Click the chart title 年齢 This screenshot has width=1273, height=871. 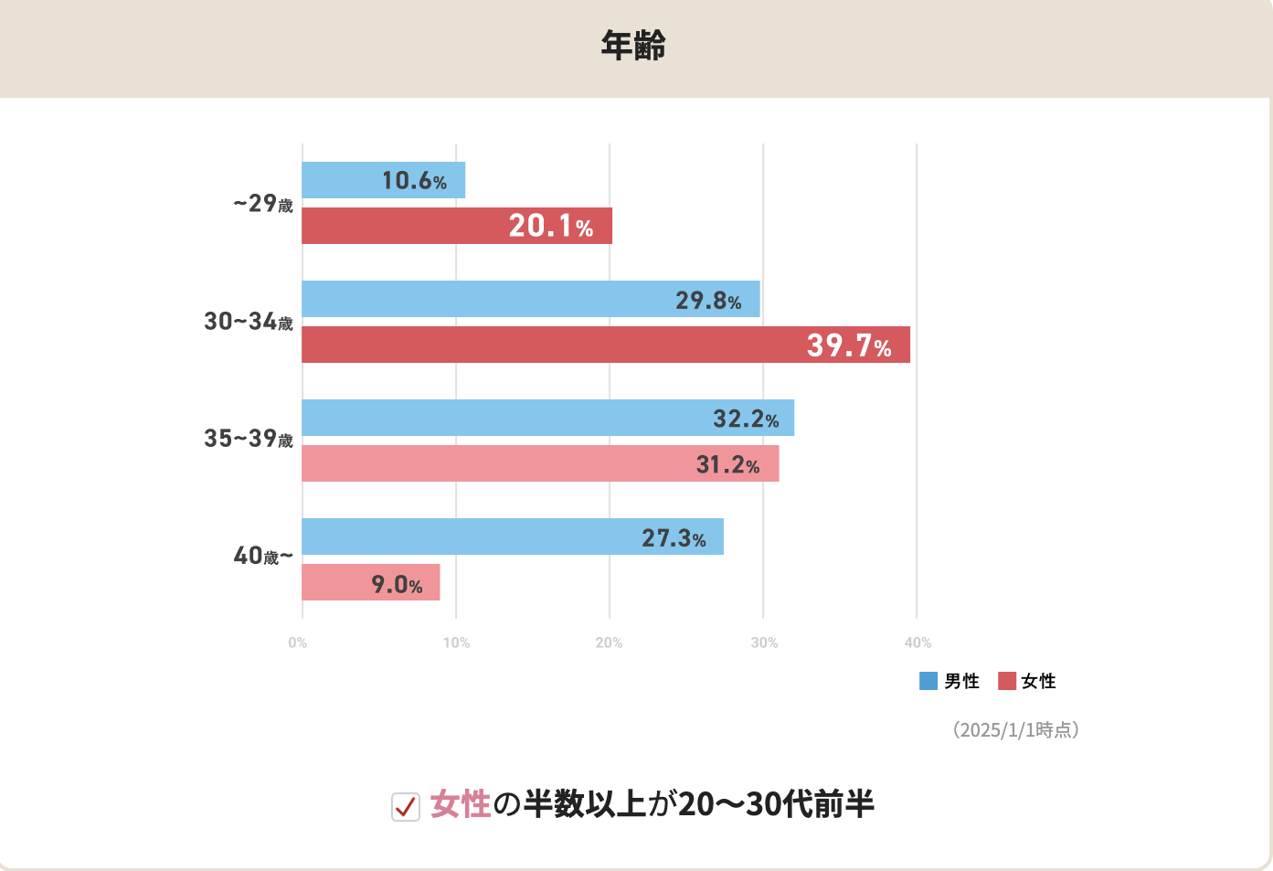click(x=633, y=46)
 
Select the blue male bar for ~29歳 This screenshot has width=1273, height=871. click(x=383, y=180)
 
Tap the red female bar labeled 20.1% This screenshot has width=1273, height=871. click(x=456, y=226)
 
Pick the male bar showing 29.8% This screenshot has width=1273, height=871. click(x=530, y=299)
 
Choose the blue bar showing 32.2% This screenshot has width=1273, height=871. click(x=547, y=418)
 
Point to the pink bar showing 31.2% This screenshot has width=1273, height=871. click(x=540, y=463)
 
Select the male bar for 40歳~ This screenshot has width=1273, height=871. click(x=512, y=536)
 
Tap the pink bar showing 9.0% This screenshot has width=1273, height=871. click(x=370, y=582)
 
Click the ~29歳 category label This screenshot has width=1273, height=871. click(x=263, y=203)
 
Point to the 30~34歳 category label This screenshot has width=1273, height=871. click(x=249, y=322)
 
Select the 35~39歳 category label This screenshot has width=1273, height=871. click(x=249, y=439)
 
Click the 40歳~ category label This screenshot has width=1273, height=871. click(x=263, y=556)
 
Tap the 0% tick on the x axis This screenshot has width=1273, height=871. click(x=298, y=643)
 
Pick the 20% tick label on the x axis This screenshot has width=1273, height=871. click(x=610, y=643)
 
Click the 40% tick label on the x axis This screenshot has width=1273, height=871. click(x=918, y=643)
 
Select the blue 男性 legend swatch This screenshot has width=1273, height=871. click(x=928, y=681)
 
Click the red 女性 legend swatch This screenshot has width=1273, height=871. click(x=1007, y=681)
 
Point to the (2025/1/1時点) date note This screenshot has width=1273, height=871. click(x=1016, y=729)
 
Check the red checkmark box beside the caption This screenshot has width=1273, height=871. click(x=406, y=806)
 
